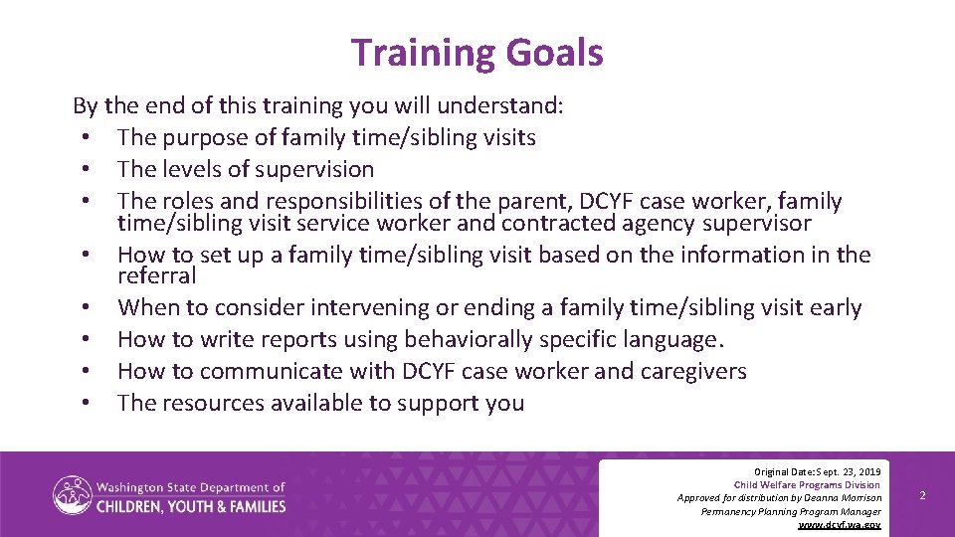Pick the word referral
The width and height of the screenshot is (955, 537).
[157, 275]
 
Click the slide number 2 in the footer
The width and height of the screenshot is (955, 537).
[922, 494]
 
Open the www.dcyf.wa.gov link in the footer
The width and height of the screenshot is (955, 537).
[840, 524]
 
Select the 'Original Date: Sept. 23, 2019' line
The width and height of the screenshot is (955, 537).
[817, 469]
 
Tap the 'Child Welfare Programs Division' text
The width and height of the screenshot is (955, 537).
[807, 483]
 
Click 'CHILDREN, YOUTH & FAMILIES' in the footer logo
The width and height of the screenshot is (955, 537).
[191, 506]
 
